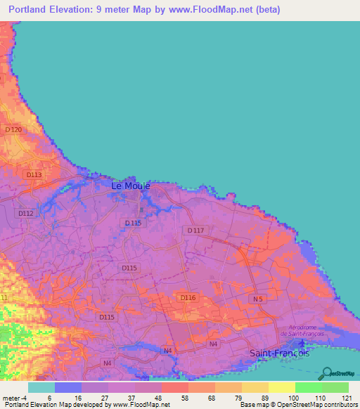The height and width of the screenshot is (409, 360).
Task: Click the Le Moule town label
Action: pos(131,186)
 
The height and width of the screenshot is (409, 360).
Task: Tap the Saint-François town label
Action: pos(280,353)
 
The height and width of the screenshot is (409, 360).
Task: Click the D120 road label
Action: pos(13,130)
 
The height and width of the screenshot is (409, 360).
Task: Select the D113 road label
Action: pos(33,174)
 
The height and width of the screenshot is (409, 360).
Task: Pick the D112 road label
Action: pos(26,213)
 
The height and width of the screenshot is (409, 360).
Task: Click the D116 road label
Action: pos(188,298)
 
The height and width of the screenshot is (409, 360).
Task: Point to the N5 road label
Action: pos(257,299)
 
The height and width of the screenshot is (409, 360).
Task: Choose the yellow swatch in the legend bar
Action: pos(281,387)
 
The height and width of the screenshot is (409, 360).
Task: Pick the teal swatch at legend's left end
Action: pos(41,387)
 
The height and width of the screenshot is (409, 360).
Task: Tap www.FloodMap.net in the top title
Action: pos(208,10)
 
